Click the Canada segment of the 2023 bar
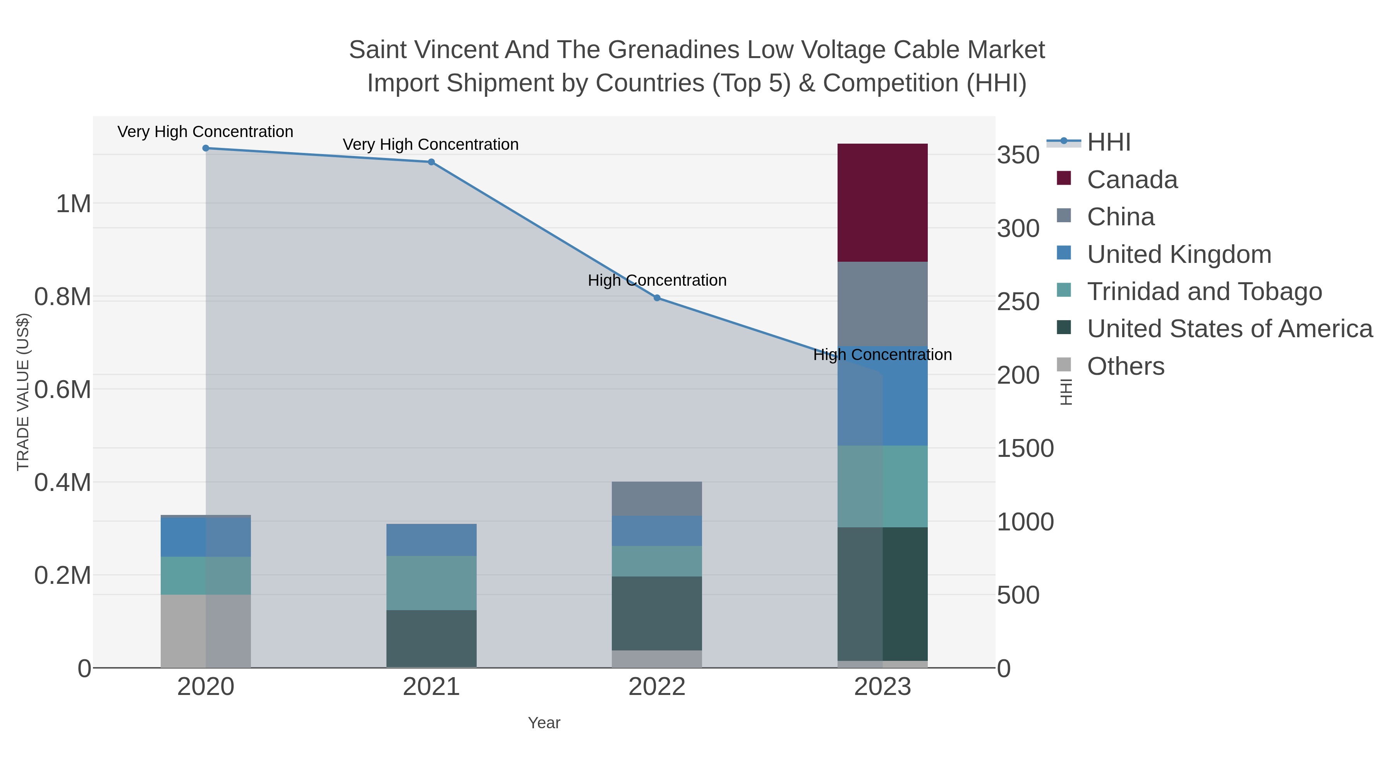point(882,203)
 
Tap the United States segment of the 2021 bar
point(431,638)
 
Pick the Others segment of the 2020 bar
point(206,631)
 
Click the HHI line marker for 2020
point(206,148)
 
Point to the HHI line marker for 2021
point(431,162)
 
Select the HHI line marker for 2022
point(657,298)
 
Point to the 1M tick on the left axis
point(73,204)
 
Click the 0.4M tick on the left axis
point(62,482)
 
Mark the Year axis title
point(544,723)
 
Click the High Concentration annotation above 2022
point(657,280)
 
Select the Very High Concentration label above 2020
point(205,132)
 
